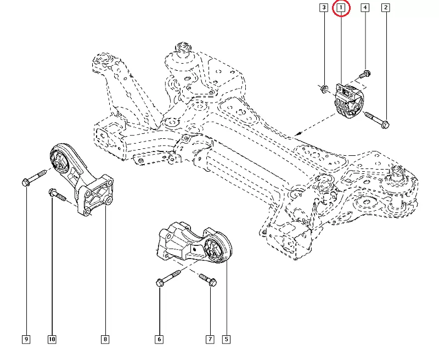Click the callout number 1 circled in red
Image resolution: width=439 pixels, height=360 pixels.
tap(341, 8)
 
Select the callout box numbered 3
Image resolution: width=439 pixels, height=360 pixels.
tap(324, 8)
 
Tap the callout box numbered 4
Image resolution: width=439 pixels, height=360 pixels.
tap(365, 8)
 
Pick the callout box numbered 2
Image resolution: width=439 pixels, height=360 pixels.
tap(386, 8)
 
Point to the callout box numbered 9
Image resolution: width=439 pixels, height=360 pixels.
tap(26, 340)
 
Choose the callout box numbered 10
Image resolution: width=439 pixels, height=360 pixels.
tap(52, 340)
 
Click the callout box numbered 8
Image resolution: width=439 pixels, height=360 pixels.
tap(105, 340)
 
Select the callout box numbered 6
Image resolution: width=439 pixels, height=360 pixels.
tap(159, 340)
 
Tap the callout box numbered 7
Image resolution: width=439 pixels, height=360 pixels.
tap(210, 340)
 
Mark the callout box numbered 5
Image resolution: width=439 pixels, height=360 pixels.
tap(226, 340)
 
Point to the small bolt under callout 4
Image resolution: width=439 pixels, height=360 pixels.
tap(364, 74)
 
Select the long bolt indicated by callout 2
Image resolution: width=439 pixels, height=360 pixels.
tap(375, 119)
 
